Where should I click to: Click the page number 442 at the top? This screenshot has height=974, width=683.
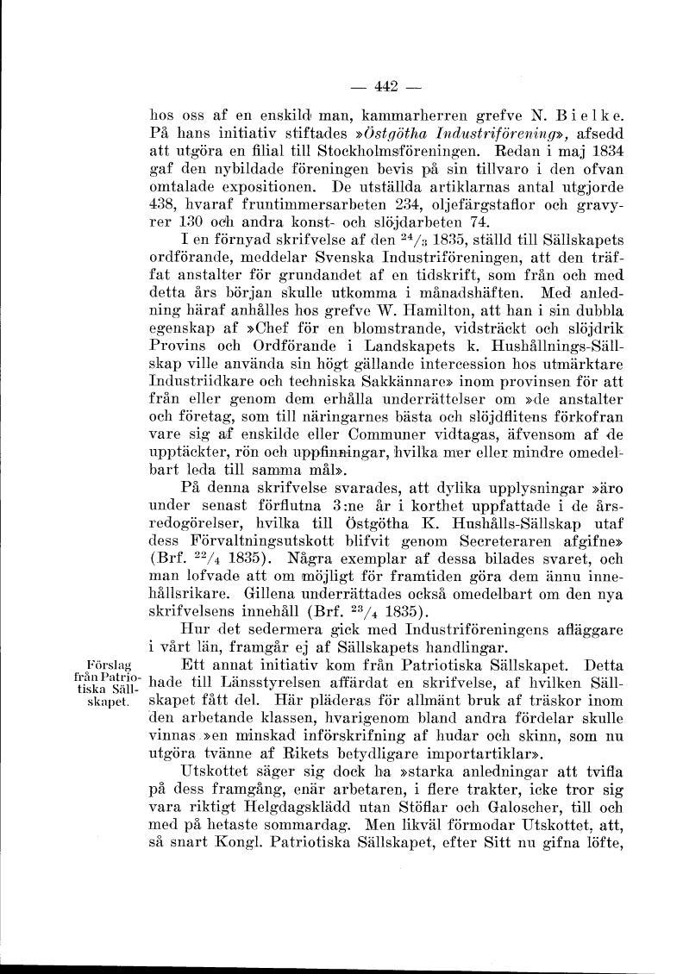[385, 85]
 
